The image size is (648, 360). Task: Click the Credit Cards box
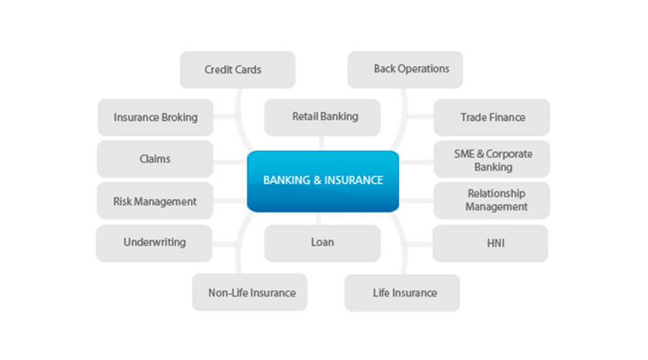(x=237, y=70)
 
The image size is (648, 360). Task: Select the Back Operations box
(x=405, y=69)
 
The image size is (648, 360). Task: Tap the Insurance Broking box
(x=156, y=117)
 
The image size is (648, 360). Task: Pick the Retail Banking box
(x=322, y=117)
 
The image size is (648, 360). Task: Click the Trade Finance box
(x=492, y=117)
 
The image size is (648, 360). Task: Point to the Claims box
(x=155, y=159)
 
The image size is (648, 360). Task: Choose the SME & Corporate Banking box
(x=492, y=160)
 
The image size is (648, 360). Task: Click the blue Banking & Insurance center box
(x=323, y=181)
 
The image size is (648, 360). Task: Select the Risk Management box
(x=155, y=202)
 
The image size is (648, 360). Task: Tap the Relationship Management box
(x=492, y=200)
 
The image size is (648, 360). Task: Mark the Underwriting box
(x=154, y=243)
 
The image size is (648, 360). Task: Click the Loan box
(x=322, y=243)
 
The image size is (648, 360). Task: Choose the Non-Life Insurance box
(x=249, y=292)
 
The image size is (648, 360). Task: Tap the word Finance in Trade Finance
(x=508, y=117)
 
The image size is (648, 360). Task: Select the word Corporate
(x=509, y=154)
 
